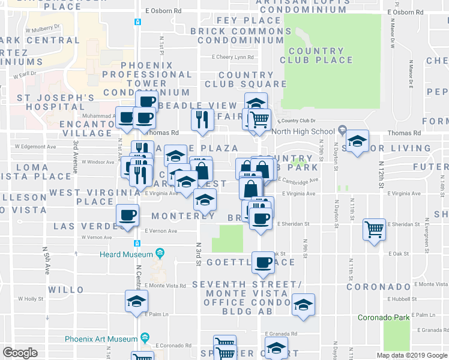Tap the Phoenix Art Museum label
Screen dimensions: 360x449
coord(99,338)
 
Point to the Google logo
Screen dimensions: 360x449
coord(20,353)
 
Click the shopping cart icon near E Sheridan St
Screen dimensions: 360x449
coord(374,229)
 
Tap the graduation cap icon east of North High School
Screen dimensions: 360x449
coord(357,142)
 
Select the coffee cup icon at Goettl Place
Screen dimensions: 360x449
coord(263,262)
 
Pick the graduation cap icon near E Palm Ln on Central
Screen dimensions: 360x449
coord(136,300)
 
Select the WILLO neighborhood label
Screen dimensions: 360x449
coord(66,290)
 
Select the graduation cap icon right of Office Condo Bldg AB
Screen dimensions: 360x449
coord(303,304)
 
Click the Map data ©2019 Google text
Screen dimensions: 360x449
coord(411,355)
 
